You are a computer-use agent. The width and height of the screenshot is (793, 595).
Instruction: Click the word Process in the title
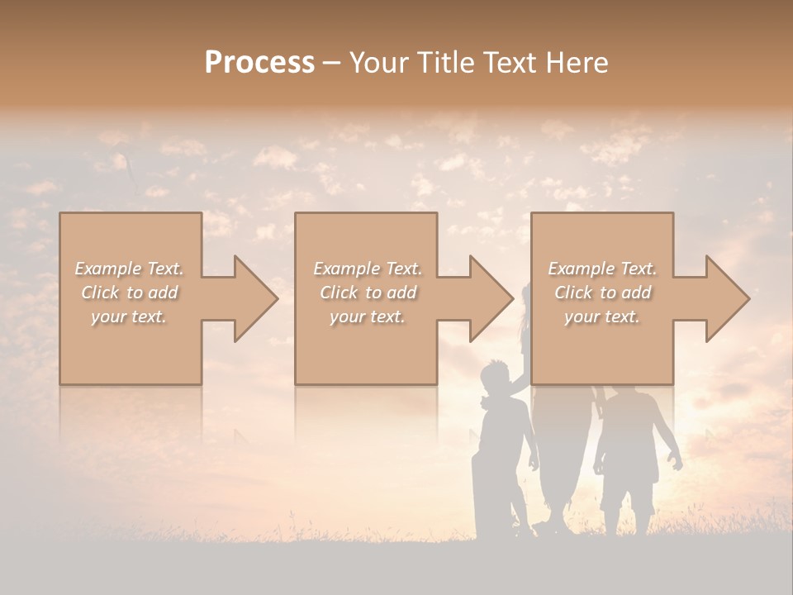(259, 63)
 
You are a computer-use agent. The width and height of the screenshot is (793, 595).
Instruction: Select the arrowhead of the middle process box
(491, 298)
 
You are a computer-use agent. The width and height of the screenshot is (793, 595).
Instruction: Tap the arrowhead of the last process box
(727, 298)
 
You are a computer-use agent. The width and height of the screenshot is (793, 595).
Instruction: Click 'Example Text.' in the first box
(130, 269)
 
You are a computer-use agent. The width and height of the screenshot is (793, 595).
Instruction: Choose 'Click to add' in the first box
(130, 293)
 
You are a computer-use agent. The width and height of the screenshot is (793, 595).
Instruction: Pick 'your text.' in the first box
(130, 317)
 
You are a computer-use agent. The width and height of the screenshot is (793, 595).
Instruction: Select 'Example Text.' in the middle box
(368, 269)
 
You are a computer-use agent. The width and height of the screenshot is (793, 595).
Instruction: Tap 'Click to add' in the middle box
(368, 293)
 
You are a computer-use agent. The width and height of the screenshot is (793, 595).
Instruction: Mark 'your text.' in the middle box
(368, 317)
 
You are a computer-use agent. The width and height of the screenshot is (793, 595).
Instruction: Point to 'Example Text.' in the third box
(602, 269)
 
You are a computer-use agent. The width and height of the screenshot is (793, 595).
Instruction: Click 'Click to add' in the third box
(602, 293)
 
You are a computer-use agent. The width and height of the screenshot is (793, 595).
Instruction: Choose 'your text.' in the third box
(602, 317)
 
